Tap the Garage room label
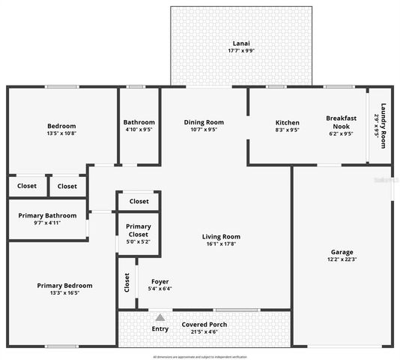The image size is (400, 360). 342,252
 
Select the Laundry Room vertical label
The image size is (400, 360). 383,124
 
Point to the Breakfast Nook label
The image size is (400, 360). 341,122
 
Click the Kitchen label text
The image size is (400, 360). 287,122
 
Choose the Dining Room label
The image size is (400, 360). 204,122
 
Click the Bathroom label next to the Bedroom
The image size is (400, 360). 139,122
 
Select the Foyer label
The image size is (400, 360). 160,281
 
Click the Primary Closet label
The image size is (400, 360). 138,229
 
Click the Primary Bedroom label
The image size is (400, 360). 65,285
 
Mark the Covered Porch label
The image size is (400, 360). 204,324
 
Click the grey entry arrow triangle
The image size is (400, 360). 160,318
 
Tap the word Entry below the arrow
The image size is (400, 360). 160,328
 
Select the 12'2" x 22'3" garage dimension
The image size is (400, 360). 342,259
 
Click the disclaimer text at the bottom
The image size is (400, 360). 199,356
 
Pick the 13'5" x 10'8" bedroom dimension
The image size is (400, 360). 61,133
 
